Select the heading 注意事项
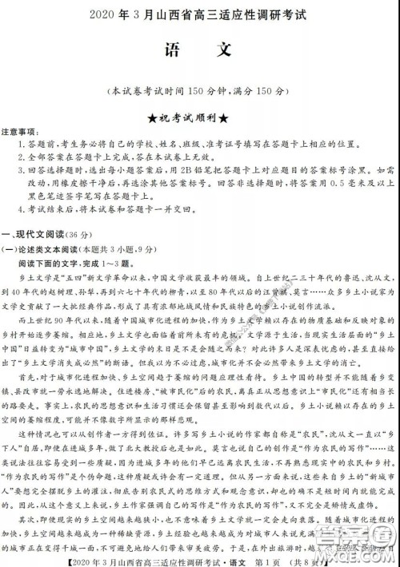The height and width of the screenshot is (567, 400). click(18, 130)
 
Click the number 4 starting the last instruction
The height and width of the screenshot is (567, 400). click(19, 207)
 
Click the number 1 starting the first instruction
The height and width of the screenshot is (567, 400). click(19, 144)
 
